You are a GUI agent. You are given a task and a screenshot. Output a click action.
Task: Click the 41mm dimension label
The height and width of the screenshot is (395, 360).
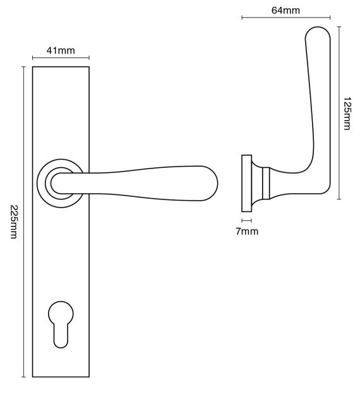tap(61, 50)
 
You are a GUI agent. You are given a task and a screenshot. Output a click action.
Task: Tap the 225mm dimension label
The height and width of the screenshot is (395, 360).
tap(14, 221)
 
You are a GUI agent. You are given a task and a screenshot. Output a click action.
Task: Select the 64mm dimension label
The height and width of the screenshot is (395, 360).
tap(285, 10)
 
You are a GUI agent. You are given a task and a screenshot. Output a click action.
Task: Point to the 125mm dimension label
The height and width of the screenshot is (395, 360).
tap(347, 113)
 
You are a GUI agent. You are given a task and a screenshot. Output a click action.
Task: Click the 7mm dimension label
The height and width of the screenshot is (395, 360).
tap(247, 231)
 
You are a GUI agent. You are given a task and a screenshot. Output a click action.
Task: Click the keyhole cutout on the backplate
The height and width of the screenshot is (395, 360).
tap(61, 324)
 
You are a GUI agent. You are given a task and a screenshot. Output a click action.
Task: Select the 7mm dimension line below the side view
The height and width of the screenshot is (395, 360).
tap(246, 221)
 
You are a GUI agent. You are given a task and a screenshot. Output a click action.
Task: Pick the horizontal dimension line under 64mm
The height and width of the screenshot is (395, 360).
tap(286, 18)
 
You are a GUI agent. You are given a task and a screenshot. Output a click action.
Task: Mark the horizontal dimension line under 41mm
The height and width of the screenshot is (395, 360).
tap(61, 58)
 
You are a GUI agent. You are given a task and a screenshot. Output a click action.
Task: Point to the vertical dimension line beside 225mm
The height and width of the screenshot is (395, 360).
tap(23, 221)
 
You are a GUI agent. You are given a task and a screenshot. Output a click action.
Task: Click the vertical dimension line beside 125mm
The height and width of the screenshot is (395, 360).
tap(339, 113)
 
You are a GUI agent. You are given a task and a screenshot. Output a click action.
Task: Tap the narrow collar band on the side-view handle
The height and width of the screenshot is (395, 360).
tap(266, 183)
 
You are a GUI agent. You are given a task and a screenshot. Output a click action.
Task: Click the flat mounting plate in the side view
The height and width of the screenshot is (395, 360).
tap(246, 183)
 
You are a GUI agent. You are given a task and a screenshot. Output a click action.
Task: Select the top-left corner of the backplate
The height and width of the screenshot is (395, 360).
tap(32, 67)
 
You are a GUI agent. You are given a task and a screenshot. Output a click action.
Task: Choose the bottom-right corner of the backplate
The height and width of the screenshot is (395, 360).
tap(89, 377)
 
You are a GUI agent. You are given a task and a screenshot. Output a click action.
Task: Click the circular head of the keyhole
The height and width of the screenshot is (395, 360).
tap(61, 314)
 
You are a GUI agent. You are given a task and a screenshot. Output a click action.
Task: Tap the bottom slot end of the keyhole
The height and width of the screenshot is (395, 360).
tap(61, 345)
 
